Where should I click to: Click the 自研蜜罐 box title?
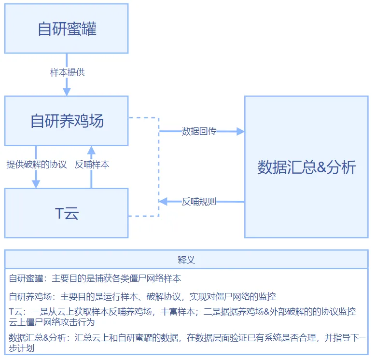pos(67,29)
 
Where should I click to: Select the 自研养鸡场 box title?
pos(67,121)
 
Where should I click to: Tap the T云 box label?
pos(67,213)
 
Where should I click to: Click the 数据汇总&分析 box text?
pos(306,167)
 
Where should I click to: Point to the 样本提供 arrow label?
pos(67,72)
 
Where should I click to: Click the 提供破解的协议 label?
pos(36,165)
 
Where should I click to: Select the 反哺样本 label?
pos(92,165)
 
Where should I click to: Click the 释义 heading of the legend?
pos(186,260)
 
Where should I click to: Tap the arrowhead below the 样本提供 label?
pos(67,91)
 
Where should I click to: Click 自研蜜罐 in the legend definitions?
pos(26,279)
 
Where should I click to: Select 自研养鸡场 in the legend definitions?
pos(29,296)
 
